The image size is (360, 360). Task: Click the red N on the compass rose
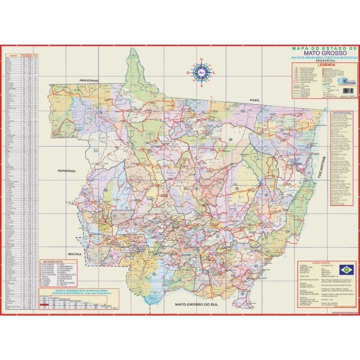pos(201,60)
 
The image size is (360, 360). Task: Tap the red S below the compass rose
pos(202,86)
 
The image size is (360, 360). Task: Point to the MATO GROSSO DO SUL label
pos(197,304)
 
